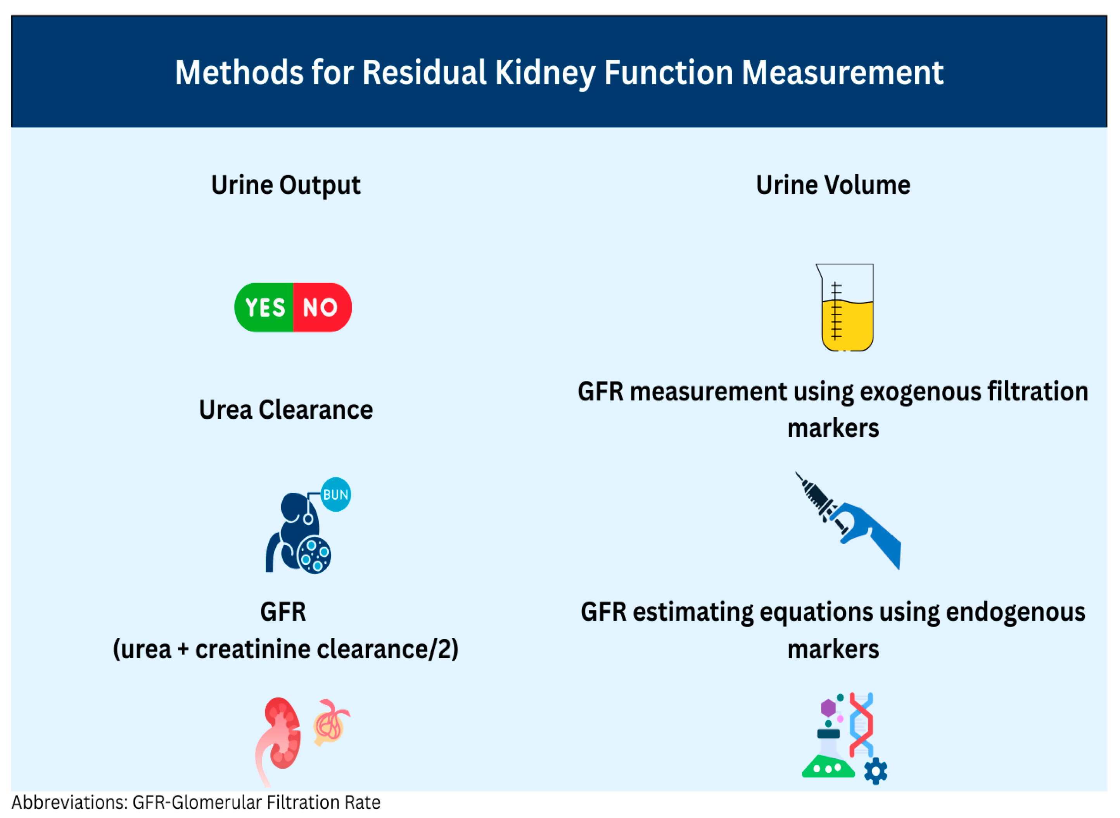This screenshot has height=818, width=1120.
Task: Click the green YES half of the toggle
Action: (x=264, y=307)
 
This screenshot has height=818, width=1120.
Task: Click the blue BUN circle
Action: (x=336, y=495)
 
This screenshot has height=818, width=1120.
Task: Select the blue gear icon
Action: (x=875, y=771)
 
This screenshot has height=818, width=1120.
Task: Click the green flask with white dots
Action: (x=828, y=768)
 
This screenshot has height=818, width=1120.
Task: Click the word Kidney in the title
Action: (x=544, y=73)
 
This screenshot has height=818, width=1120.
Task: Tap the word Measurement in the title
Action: (x=842, y=73)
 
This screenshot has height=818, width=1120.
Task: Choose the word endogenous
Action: (x=1015, y=613)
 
